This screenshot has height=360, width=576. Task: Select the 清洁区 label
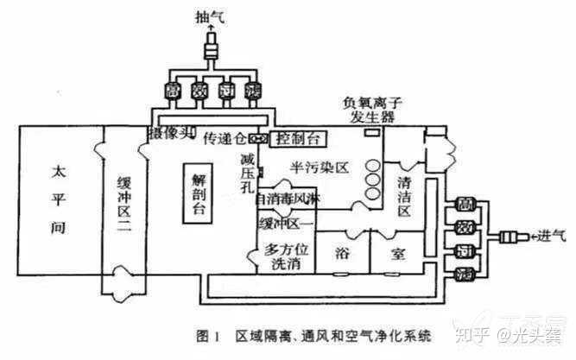[x=407, y=189]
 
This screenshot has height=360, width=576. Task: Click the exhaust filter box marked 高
[x=173, y=90]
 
